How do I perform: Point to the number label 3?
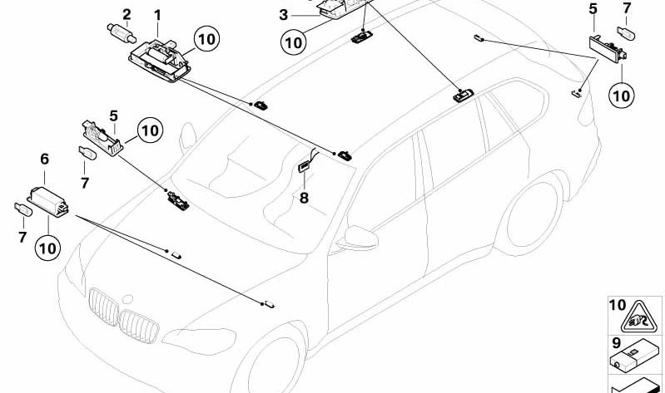(283, 15)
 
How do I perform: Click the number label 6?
(44, 158)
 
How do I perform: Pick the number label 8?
(304, 198)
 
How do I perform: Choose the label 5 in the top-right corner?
(593, 9)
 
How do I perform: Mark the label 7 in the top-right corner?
(627, 9)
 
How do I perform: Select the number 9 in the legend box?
(617, 341)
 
